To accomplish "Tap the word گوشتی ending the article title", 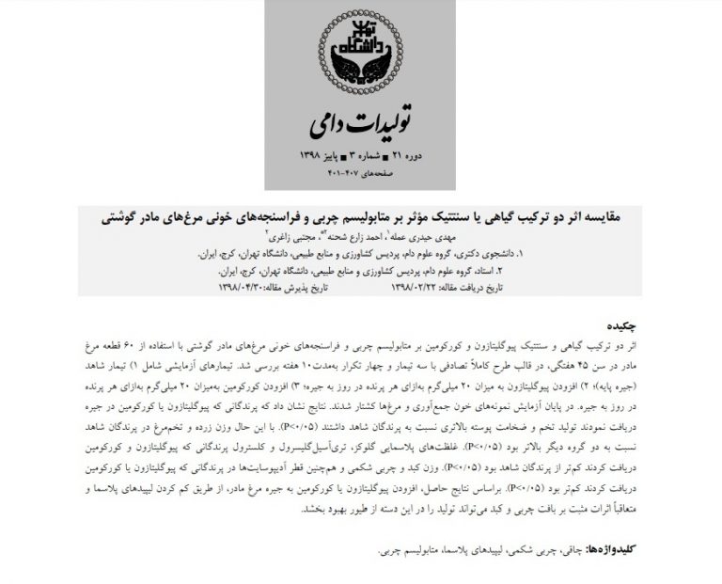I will point(123,216).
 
